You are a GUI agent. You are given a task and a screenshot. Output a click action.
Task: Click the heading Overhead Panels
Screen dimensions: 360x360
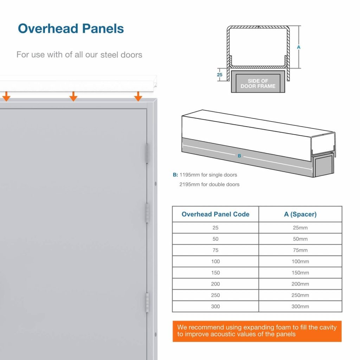coord(71,28)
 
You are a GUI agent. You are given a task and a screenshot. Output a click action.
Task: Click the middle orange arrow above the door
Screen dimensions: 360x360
coord(73,96)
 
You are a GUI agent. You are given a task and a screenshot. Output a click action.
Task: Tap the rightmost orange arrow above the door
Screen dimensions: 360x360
coord(138,96)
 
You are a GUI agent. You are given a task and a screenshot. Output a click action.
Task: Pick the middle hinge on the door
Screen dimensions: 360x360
coord(147,213)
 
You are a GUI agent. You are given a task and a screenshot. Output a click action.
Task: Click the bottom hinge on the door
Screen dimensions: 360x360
coord(147,303)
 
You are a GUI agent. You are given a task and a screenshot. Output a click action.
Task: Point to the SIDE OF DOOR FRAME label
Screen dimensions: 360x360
coord(258,83)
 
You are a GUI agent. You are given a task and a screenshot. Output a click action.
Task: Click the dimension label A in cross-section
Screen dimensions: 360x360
coord(298,47)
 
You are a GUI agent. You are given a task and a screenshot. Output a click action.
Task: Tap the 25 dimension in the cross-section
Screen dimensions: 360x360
coord(220,75)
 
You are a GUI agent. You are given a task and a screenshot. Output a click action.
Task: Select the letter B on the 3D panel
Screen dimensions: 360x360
coord(239,156)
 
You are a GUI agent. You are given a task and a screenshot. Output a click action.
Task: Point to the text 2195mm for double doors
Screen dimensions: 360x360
coord(210,184)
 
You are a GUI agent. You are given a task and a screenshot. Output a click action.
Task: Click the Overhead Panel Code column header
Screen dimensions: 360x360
coord(216,214)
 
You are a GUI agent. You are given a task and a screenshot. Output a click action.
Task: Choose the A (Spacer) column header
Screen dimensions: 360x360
coord(300,214)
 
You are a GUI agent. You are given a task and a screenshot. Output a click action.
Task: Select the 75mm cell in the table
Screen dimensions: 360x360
coord(300,250)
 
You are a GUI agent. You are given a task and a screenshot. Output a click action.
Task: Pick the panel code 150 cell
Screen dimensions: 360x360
coord(216,273)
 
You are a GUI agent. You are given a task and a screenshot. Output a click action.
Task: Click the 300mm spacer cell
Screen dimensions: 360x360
coord(300,307)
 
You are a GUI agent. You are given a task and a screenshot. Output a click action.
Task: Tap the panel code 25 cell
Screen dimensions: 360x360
coord(216,228)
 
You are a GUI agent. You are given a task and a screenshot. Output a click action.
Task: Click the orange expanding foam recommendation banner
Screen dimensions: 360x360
coord(257,331)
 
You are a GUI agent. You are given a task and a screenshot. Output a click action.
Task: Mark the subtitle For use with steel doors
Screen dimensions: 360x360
coord(79,55)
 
